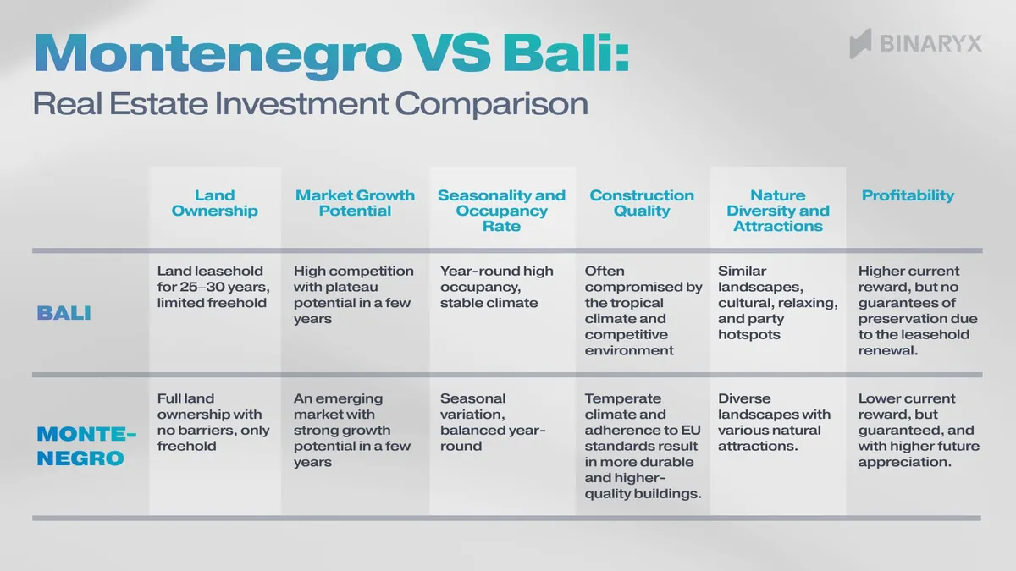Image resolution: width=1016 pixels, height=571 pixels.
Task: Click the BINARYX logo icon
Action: pos(860,43)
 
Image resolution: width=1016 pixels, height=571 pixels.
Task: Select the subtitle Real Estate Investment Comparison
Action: pos(310,104)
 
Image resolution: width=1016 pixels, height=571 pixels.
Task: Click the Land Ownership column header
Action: pos(214,203)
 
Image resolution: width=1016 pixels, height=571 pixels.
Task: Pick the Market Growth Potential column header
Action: pos(355,203)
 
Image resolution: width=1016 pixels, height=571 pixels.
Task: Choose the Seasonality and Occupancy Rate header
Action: pos(501,211)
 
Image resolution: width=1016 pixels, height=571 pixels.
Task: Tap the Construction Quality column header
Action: pos(641,203)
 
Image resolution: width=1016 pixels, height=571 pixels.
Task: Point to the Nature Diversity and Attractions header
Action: pos(777,211)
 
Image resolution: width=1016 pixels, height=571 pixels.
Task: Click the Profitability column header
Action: pos(908,195)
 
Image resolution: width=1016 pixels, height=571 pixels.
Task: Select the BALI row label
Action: pos(63,313)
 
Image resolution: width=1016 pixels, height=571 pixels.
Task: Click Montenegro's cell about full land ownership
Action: pos(213,422)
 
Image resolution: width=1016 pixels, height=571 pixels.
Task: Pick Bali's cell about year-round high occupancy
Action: pos(497,287)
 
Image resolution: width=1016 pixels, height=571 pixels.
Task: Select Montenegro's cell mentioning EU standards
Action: pos(643,446)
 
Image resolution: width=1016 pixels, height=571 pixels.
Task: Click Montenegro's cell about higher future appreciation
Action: pos(918,431)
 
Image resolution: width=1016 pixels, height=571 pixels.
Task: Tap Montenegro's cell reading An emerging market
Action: pos(352,431)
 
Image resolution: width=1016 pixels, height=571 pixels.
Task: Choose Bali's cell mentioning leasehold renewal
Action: pos(918,310)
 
